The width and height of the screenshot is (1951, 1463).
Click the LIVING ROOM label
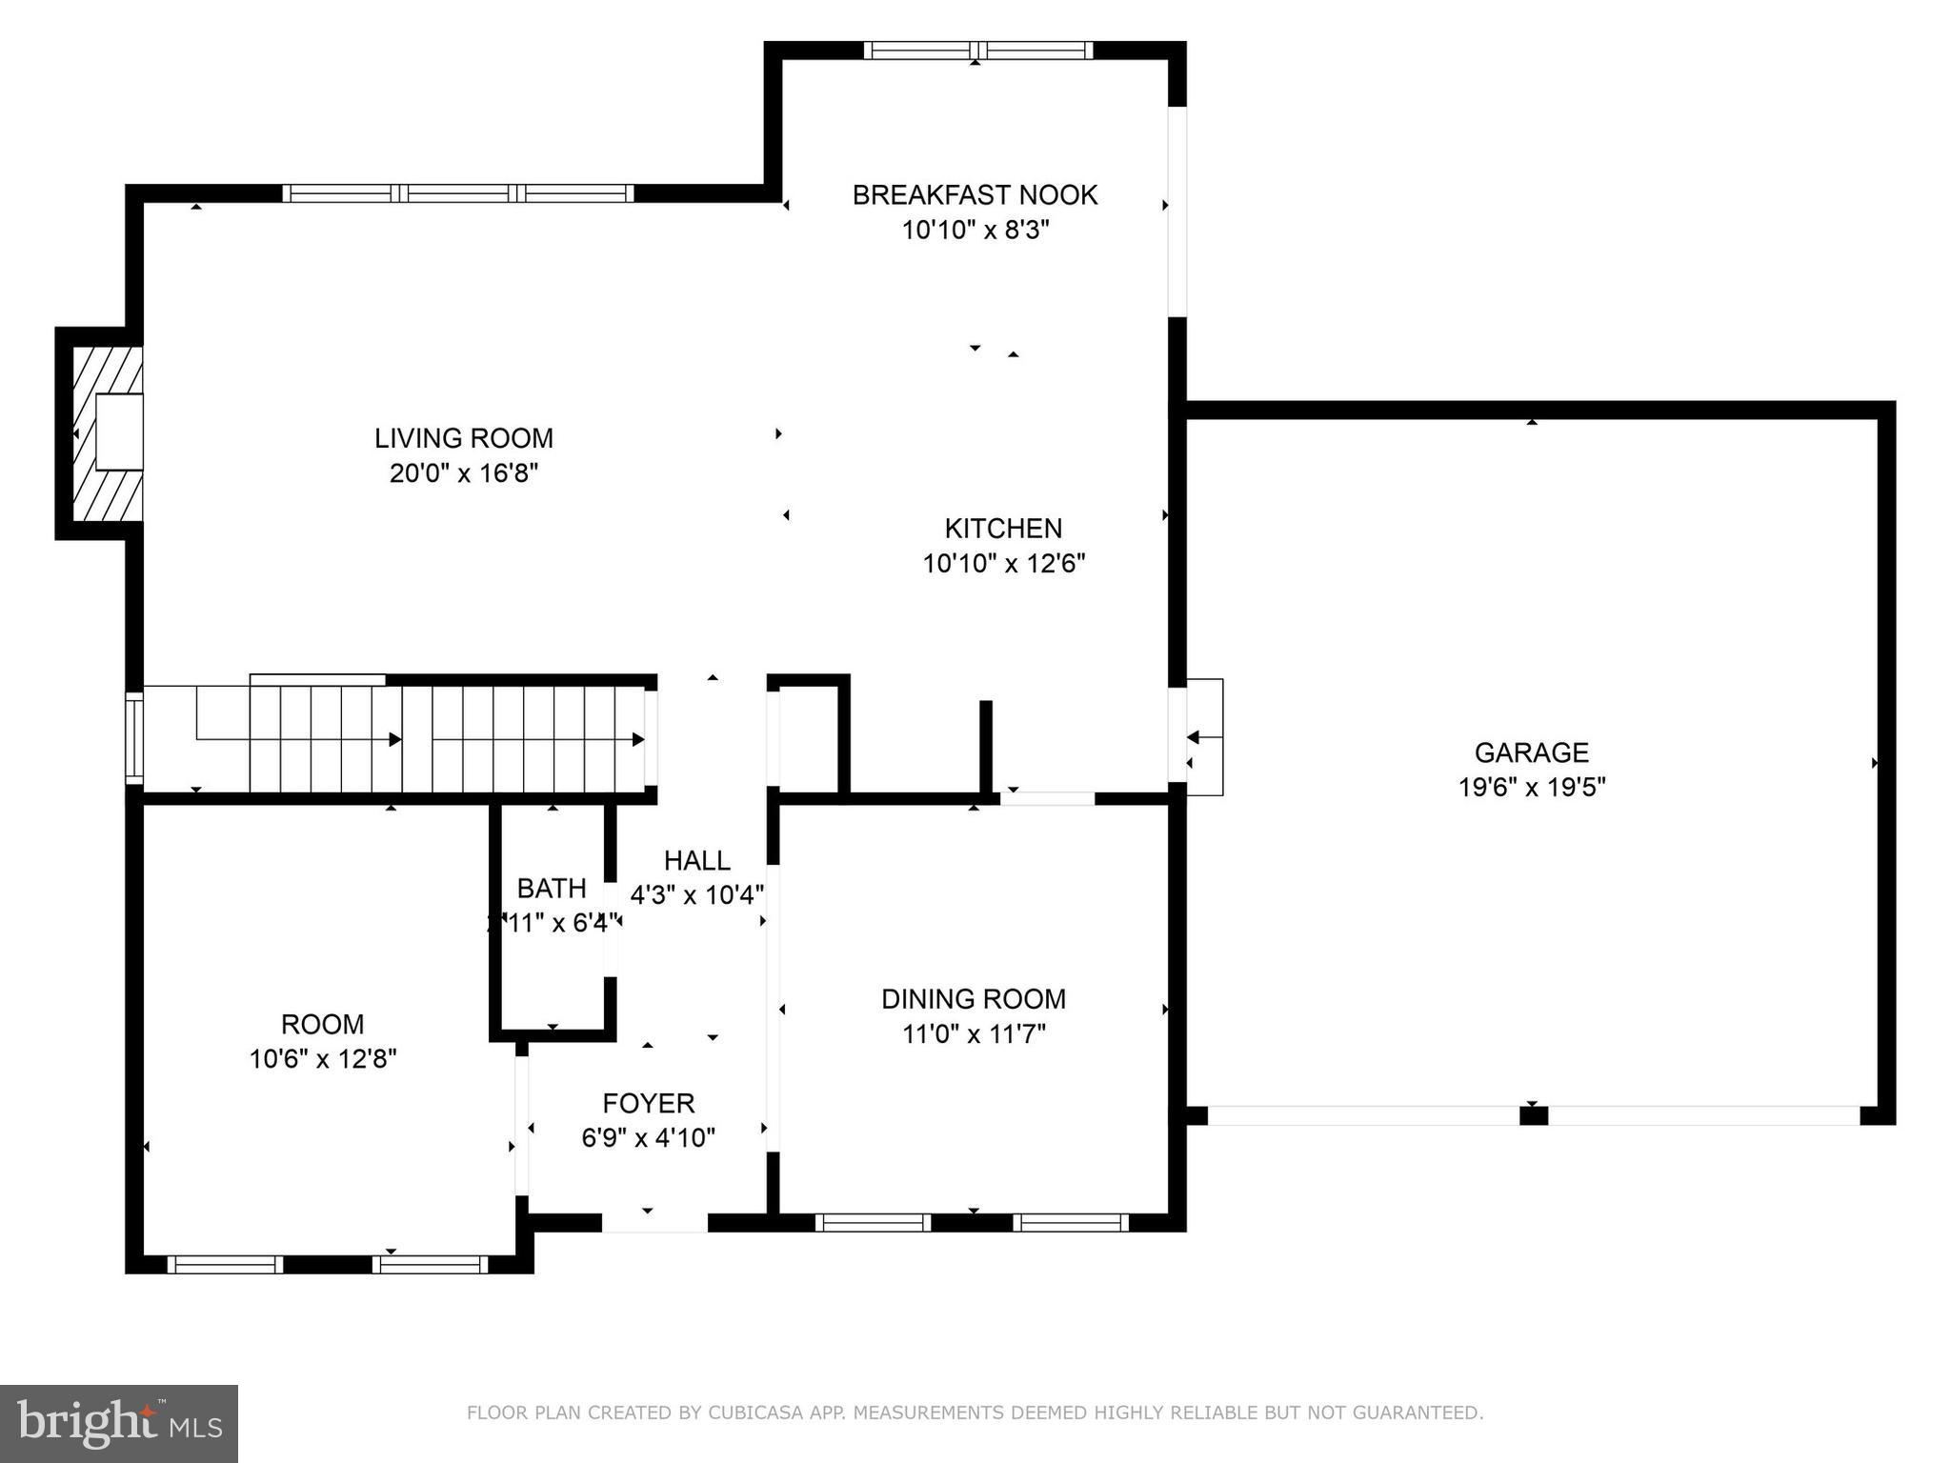coord(463,438)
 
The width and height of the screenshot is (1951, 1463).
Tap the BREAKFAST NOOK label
coord(975,195)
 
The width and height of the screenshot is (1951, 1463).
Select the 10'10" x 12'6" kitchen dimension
coord(1003,564)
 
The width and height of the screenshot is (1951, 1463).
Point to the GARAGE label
coord(1531,752)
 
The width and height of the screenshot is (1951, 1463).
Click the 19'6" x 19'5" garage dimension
coord(1531,788)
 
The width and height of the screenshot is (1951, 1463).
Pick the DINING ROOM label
coord(973,999)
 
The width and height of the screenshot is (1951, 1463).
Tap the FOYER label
coord(648,1103)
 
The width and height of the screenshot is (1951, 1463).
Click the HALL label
coord(696,861)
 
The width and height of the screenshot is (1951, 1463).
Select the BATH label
coord(551,889)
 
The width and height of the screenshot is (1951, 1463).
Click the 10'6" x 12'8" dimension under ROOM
coord(323,1059)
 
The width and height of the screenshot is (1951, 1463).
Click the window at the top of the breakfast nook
coord(977,50)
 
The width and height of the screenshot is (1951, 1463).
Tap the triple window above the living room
coord(457,193)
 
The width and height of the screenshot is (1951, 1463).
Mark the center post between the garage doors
coord(1533,1115)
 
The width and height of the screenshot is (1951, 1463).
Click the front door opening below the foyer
coord(654,1222)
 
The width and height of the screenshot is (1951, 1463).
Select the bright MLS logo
coord(118,1423)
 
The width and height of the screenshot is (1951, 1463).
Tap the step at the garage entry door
coord(1205,737)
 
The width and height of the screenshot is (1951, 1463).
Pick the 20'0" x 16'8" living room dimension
coord(463,473)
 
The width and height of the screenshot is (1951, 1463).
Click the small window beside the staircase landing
coord(134,738)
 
